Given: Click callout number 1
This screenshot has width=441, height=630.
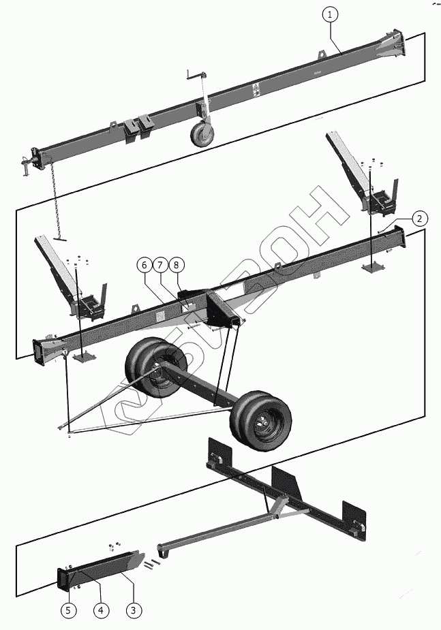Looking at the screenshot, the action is point(330,14).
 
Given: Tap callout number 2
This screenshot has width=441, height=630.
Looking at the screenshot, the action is point(419,219).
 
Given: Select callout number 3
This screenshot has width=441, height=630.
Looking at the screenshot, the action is point(134,610).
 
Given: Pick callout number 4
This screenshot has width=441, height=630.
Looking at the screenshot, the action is point(101,610).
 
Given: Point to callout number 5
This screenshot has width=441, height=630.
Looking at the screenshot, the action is point(68,610).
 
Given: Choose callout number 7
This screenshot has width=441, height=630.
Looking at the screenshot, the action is point(159,264).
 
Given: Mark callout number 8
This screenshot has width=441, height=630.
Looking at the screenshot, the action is point(176,264).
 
